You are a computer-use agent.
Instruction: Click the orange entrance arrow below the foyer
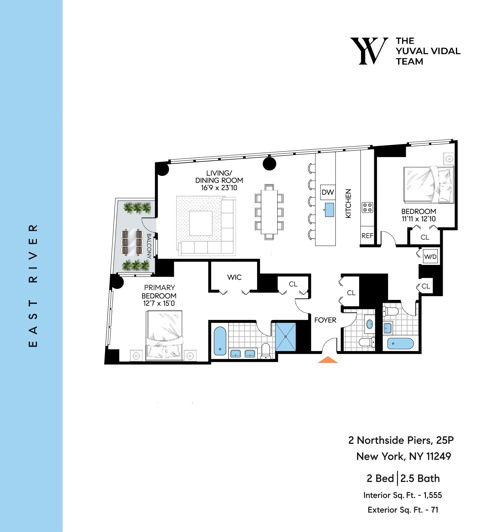(328, 360)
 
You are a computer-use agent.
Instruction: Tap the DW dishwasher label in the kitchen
(328, 192)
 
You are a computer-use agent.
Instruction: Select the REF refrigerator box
(367, 235)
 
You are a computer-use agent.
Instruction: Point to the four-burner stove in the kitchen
(367, 207)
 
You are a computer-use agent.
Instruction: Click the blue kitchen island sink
(330, 210)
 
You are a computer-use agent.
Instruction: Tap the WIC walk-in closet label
(234, 277)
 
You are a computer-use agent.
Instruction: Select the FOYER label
(325, 320)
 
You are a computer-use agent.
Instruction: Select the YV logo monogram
(369, 51)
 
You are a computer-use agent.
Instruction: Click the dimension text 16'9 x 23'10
(219, 188)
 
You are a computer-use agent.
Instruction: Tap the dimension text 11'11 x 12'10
(418, 219)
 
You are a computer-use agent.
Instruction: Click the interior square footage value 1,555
(432, 495)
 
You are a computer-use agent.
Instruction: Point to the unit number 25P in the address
(445, 440)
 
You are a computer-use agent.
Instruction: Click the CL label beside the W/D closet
(426, 286)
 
